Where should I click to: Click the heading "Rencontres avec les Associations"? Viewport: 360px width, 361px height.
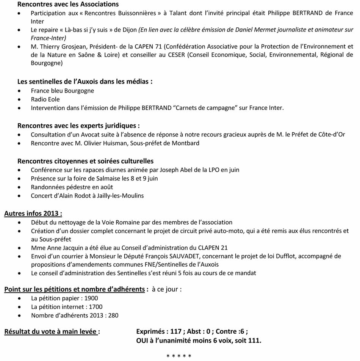click(x=68, y=5)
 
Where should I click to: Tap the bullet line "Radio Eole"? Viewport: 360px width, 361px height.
click(x=45, y=99)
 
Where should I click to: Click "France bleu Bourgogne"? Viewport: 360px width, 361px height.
click(x=63, y=91)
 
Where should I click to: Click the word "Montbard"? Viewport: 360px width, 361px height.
click(x=186, y=143)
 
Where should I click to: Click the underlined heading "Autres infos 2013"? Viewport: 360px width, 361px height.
click(x=33, y=213)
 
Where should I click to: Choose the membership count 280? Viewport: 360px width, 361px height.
click(x=113, y=315)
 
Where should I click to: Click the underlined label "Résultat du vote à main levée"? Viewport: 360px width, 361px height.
click(x=52, y=331)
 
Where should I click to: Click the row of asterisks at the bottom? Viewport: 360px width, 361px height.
click(x=179, y=356)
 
